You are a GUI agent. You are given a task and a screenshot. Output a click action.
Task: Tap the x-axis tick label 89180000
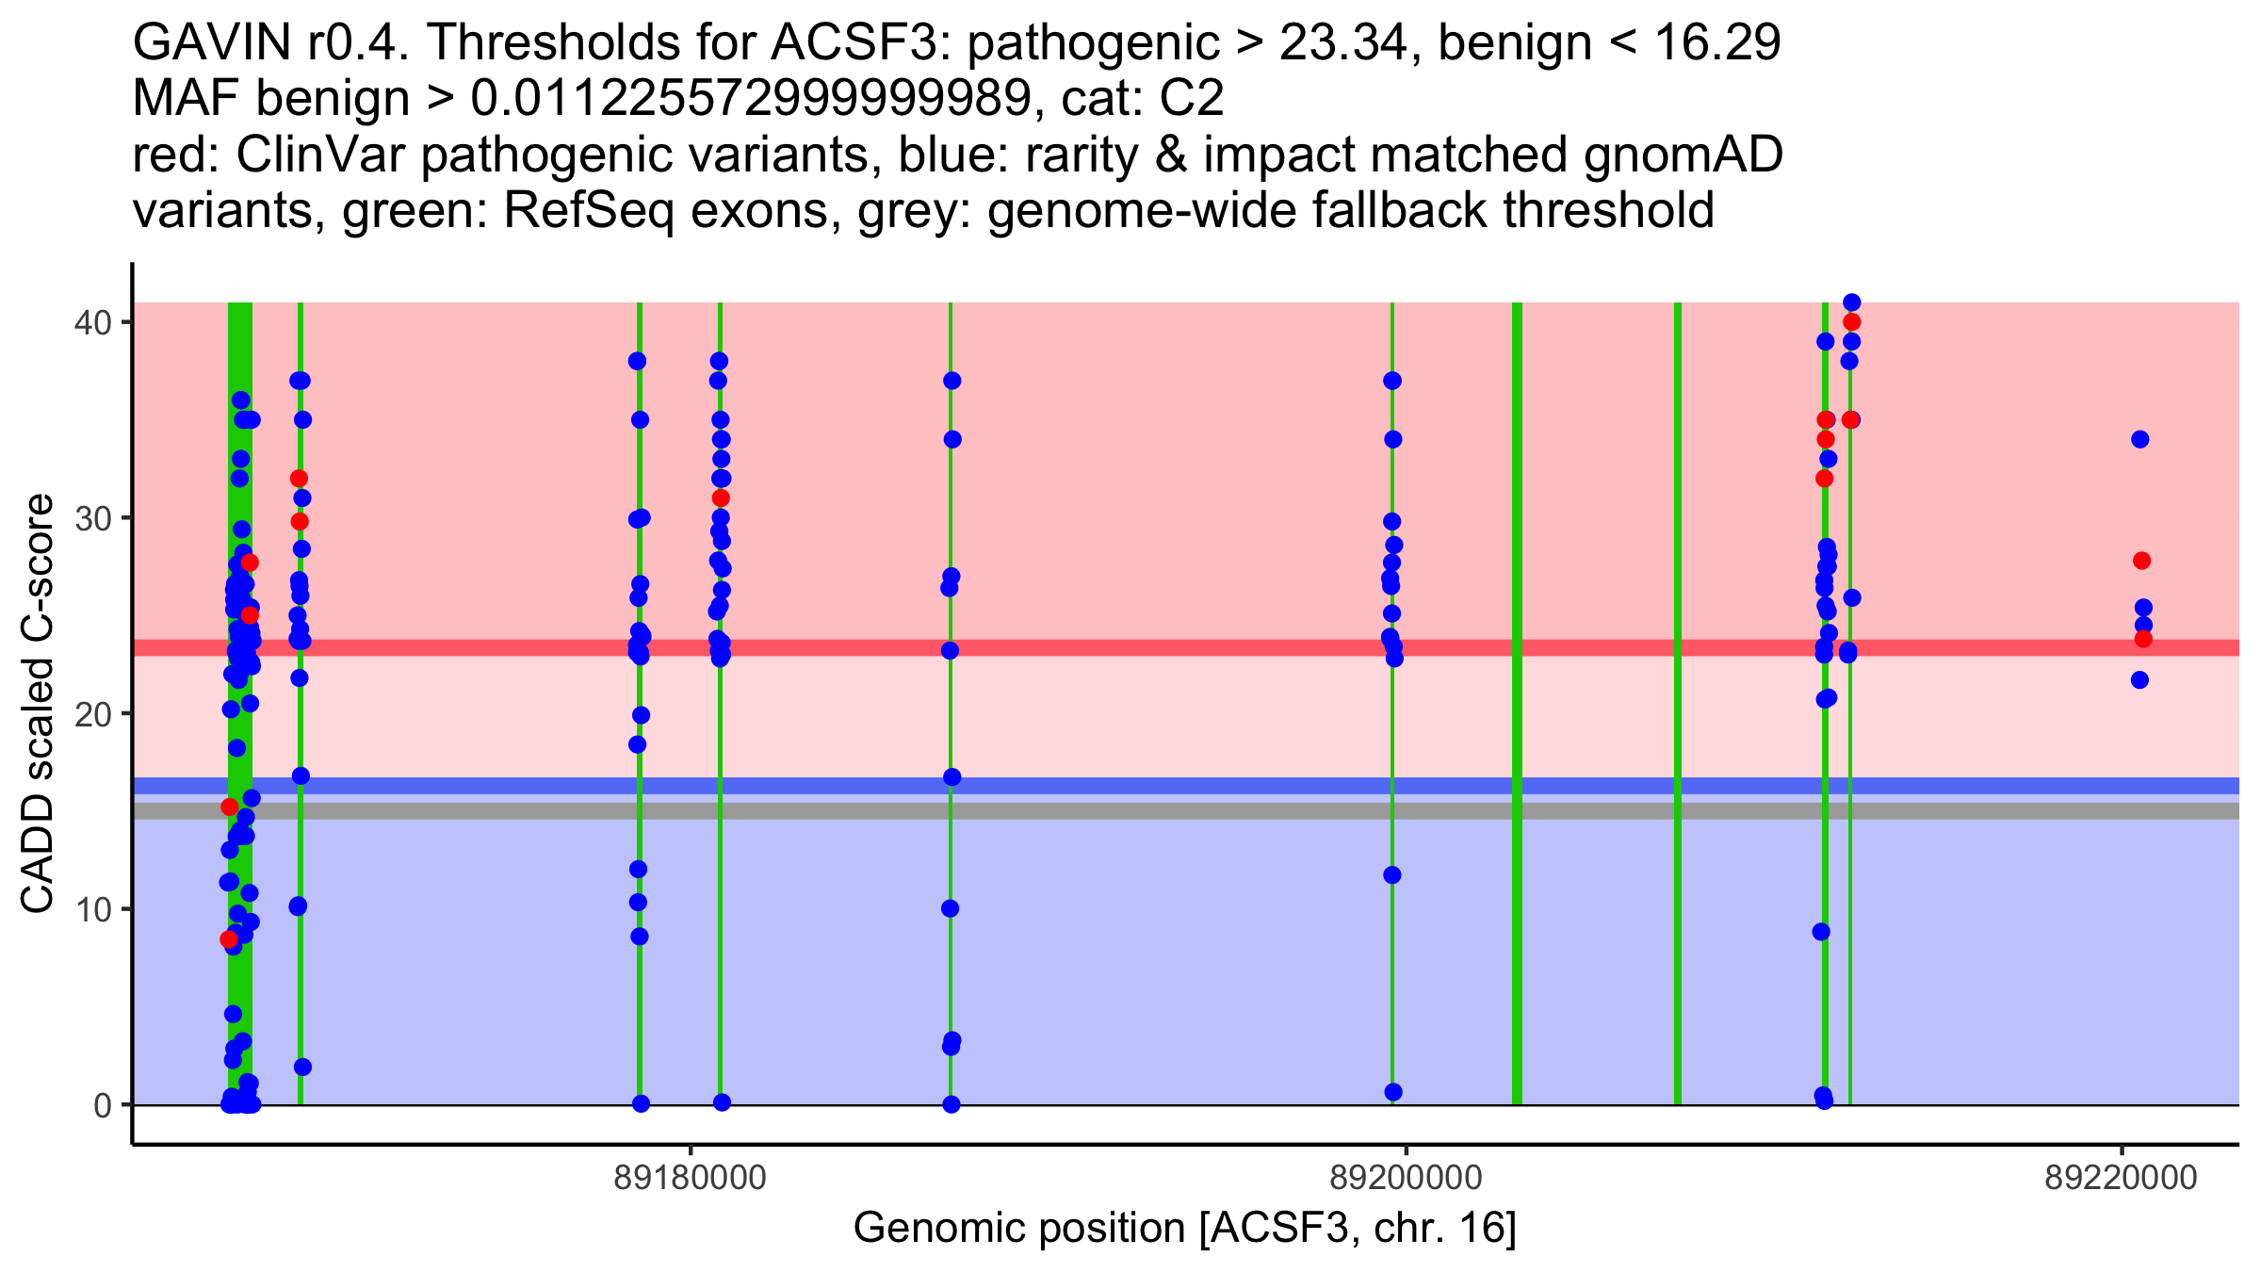[x=691, y=1178]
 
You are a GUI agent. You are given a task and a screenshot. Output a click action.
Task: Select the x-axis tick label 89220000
[x=2121, y=1178]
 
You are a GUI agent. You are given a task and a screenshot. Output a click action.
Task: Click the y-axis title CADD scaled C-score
[x=38, y=704]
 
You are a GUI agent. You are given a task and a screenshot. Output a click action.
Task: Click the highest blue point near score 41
[x=1851, y=302]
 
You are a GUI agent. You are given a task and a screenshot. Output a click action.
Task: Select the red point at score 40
[x=1851, y=322]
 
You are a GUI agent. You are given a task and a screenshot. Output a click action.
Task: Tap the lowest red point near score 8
[x=229, y=939]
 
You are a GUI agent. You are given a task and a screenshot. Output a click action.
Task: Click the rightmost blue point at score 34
[x=2139, y=439]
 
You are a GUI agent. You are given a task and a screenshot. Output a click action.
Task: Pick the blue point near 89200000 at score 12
[x=1391, y=875]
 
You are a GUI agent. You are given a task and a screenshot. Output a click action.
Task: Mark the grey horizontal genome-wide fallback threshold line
[x=1186, y=811]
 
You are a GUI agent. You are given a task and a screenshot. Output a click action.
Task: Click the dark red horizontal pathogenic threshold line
[x=1186, y=648]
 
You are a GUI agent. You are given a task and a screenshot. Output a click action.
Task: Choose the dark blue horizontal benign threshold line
[x=1186, y=786]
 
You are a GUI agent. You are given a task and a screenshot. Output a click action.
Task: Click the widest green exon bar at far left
[x=240, y=704]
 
